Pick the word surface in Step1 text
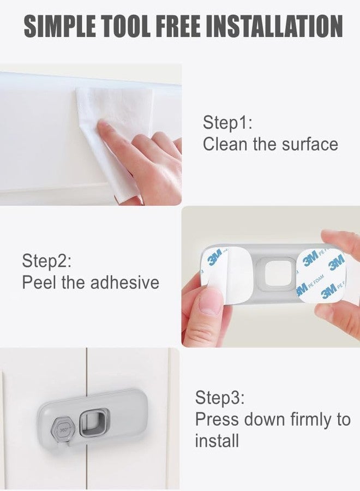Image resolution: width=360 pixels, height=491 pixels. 310,145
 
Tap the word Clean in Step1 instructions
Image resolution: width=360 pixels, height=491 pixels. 224,145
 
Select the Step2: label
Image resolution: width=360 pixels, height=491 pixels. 47,260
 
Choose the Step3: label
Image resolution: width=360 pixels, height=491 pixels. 220,398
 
